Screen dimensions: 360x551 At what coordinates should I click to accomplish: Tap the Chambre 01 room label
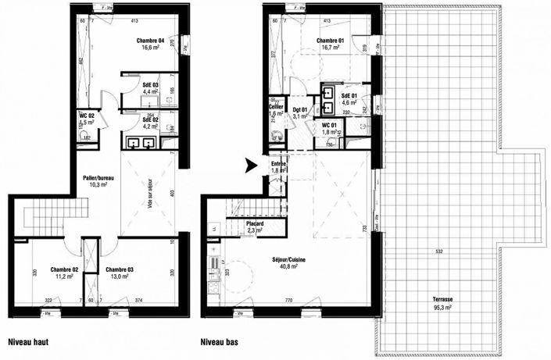331,40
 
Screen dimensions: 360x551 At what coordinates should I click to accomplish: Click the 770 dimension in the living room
288,300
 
